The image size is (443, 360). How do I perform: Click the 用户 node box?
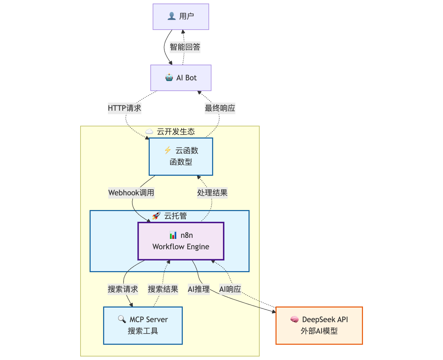click(181, 16)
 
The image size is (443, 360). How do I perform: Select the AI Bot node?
click(181, 78)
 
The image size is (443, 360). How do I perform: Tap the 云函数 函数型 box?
click(181, 156)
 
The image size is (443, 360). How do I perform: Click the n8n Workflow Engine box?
click(181, 241)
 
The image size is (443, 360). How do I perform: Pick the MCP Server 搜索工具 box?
click(143, 325)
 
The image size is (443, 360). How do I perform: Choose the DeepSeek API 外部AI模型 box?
click(319, 325)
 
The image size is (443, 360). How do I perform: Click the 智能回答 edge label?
click(185, 47)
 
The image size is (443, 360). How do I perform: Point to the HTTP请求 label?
click(125, 108)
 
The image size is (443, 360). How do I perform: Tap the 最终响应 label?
click(220, 108)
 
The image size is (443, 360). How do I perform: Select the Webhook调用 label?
click(131, 193)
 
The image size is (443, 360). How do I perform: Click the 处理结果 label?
click(212, 193)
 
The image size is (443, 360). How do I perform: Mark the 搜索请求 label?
click(123, 289)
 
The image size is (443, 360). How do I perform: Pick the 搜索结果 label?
click(163, 289)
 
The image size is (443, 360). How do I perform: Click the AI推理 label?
click(199, 289)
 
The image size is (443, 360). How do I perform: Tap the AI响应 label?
click(230, 289)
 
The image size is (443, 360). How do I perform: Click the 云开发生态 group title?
click(175, 132)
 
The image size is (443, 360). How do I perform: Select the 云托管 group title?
click(175, 216)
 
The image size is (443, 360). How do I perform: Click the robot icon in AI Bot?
click(169, 78)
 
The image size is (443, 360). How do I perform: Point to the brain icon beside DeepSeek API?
click(294, 320)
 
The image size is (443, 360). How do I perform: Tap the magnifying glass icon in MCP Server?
click(122, 319)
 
